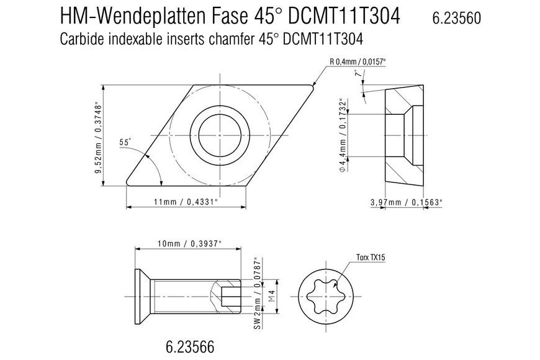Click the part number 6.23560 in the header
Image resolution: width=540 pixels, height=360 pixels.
[456, 18]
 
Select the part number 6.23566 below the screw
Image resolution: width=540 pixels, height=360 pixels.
[190, 346]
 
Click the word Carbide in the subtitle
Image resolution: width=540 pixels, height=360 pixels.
[82, 39]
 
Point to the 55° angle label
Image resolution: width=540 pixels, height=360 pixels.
[125, 142]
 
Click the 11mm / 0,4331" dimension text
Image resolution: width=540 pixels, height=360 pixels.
[186, 202]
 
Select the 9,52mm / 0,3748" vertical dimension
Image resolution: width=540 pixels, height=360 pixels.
[99, 137]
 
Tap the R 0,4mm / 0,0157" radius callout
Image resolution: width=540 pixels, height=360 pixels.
[358, 62]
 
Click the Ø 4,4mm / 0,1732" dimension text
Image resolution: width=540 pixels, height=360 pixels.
[343, 135]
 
